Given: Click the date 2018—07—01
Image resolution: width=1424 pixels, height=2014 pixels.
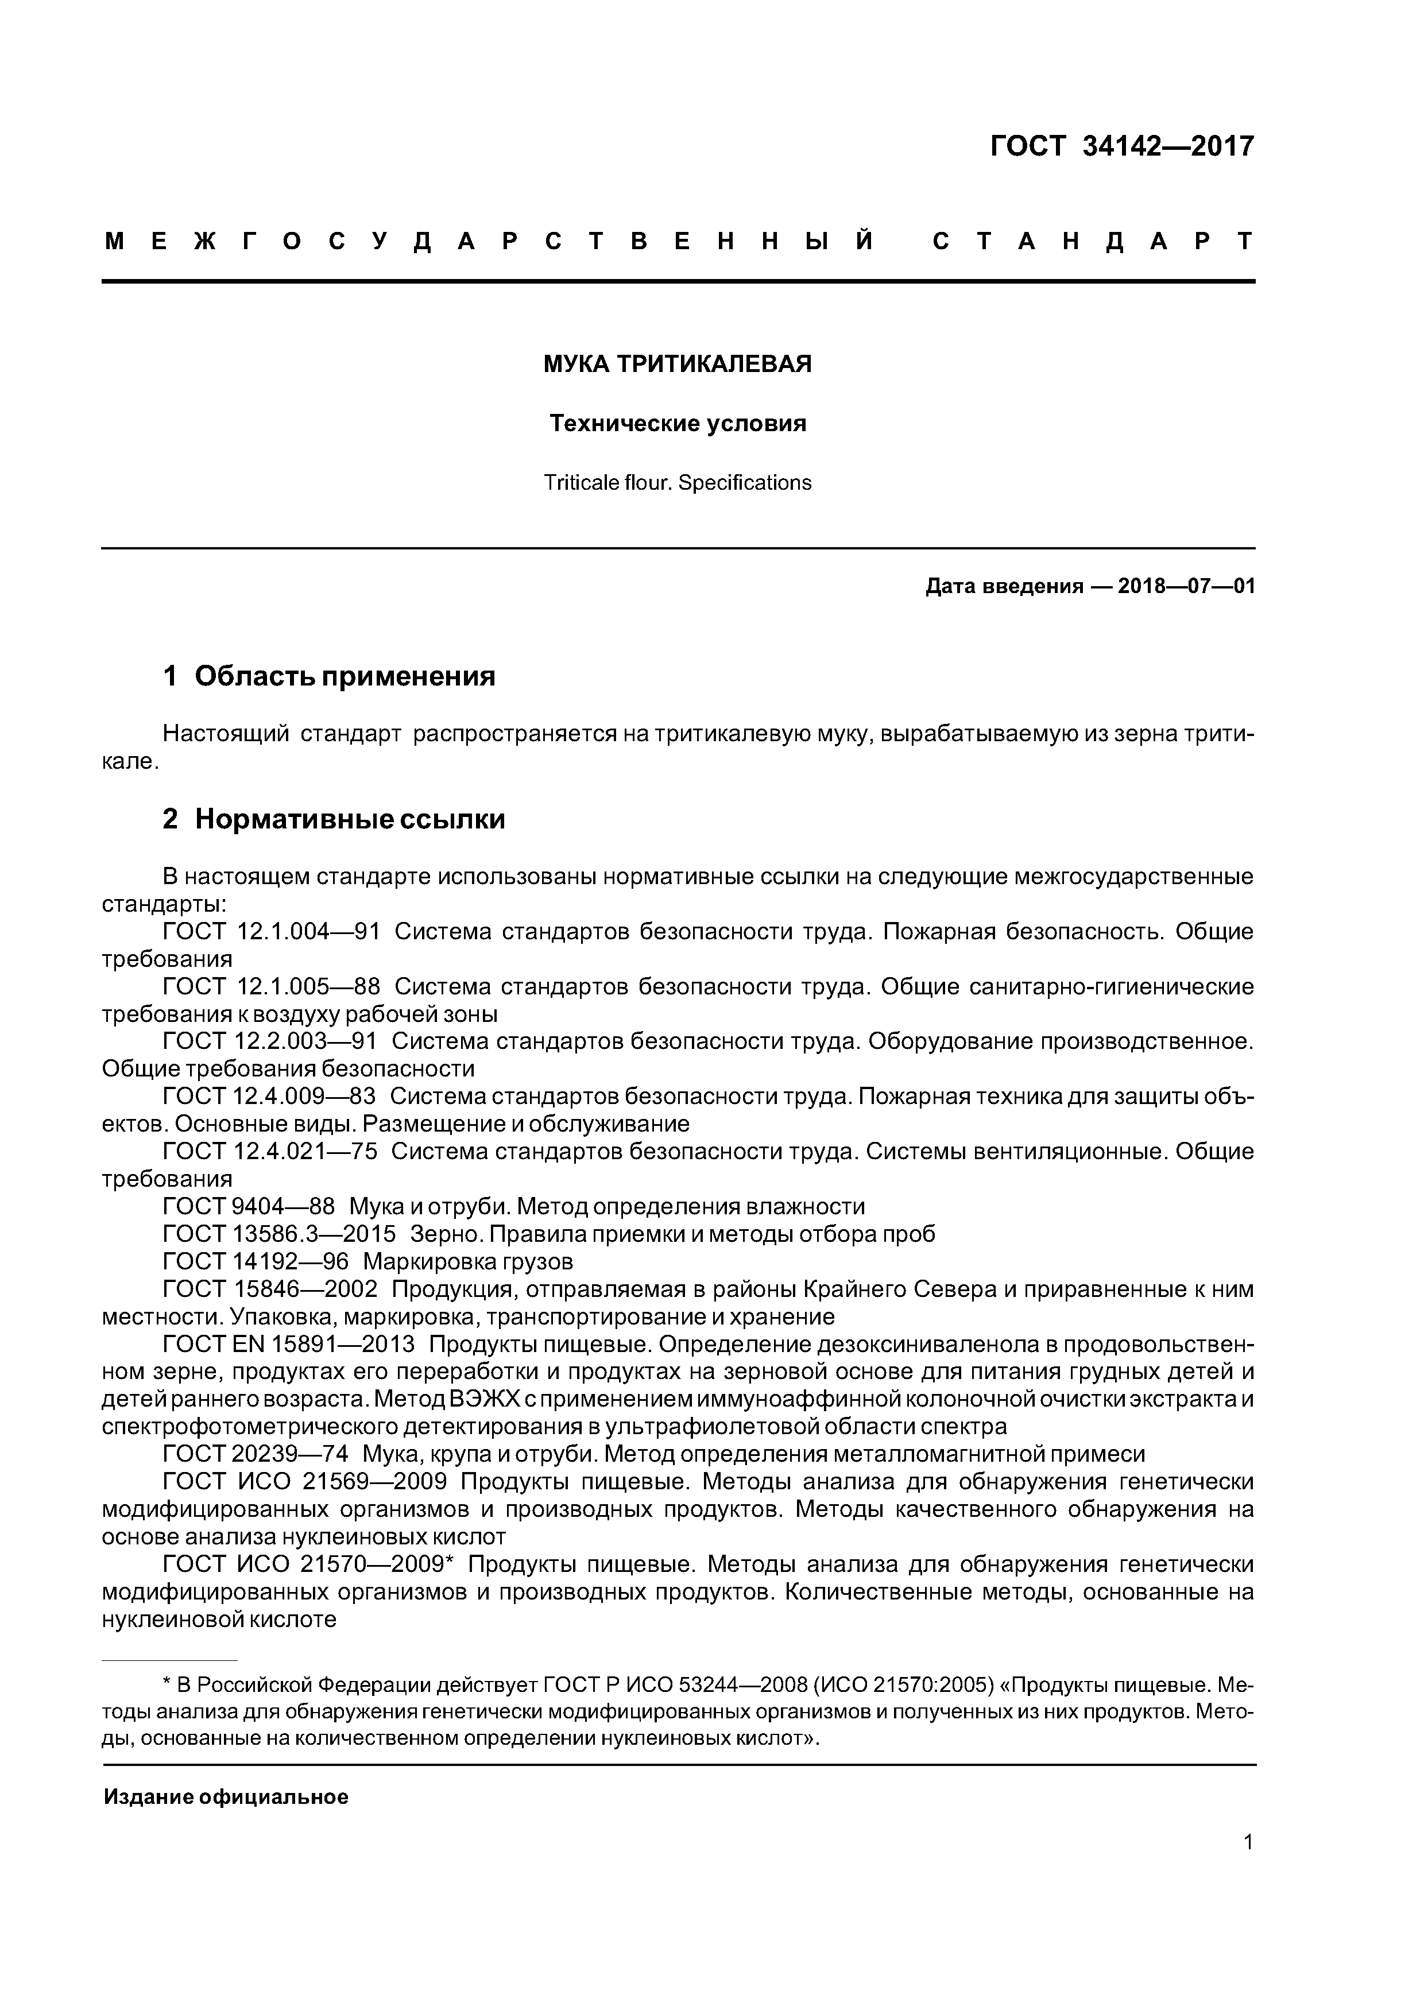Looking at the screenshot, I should click(1186, 586).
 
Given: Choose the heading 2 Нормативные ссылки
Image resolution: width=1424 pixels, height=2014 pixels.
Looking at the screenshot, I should click(334, 819).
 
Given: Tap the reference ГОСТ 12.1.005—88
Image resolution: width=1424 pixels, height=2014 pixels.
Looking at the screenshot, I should click(271, 987).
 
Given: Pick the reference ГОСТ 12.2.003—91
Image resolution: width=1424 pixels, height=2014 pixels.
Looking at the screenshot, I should click(269, 1041).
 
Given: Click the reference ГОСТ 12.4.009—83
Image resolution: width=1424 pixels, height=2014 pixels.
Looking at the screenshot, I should click(269, 1097).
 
